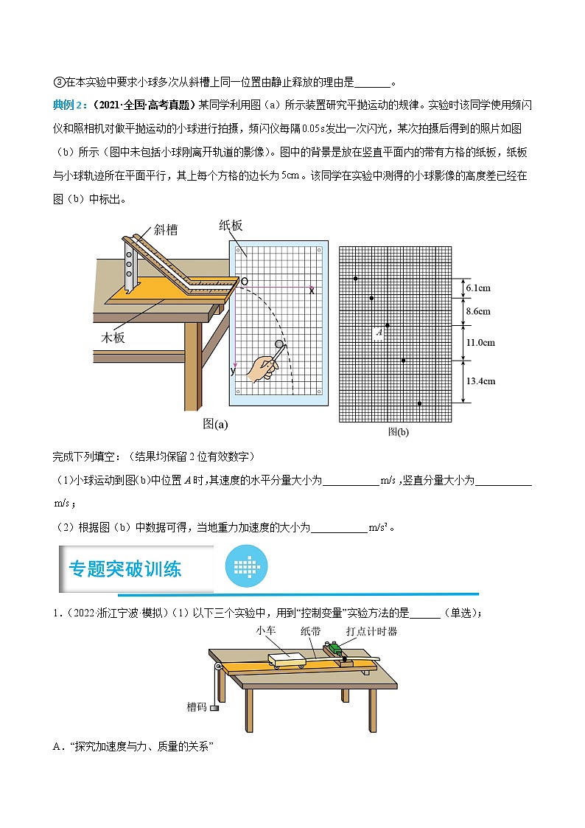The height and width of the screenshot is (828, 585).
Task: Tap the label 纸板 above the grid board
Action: pyautogui.click(x=231, y=226)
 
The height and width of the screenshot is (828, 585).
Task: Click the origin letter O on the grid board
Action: pyautogui.click(x=244, y=282)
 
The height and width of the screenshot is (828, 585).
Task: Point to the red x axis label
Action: pyautogui.click(x=312, y=291)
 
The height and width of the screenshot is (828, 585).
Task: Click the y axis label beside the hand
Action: pyautogui.click(x=234, y=371)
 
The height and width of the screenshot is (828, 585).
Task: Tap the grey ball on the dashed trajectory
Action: pyautogui.click(x=279, y=344)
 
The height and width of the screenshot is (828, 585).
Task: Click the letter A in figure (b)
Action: pyautogui.click(x=379, y=333)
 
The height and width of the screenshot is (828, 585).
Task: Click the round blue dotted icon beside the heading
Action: pyautogui.click(x=246, y=567)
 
